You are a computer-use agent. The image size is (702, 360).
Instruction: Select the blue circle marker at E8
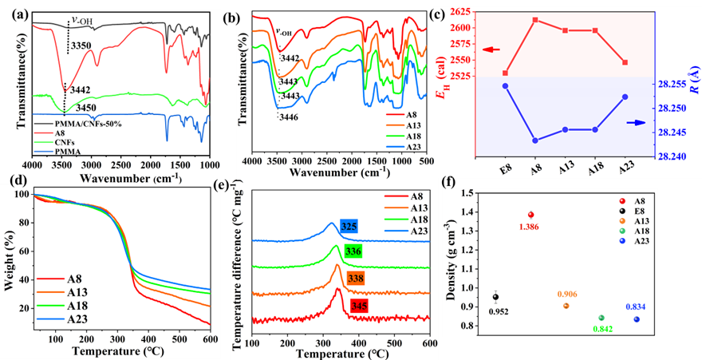tap(505, 85)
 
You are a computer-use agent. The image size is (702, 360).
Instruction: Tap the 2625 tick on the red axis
tap(462, 12)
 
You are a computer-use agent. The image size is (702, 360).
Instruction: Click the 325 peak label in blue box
tap(349, 226)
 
